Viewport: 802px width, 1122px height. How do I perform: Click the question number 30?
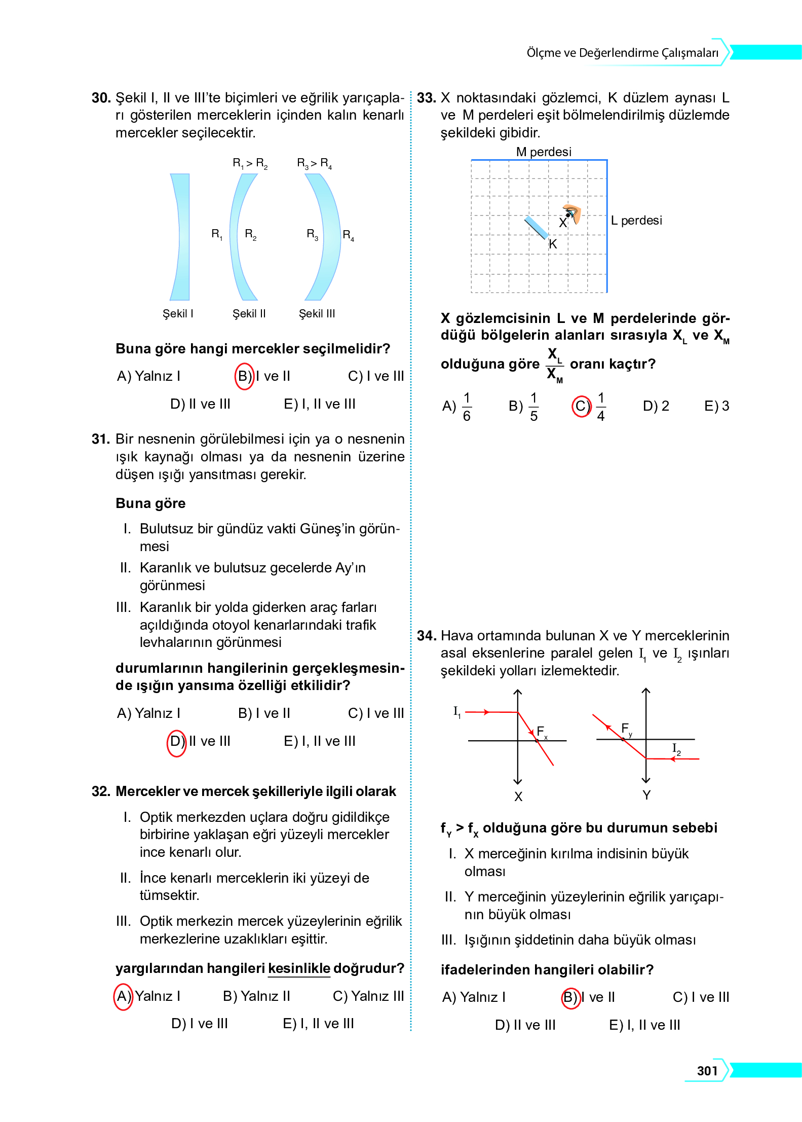click(x=101, y=98)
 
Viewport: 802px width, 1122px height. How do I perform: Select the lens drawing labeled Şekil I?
click(x=180, y=237)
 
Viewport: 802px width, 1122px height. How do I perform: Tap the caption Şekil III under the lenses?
click(x=317, y=314)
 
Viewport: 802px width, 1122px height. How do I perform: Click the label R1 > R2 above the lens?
click(x=250, y=163)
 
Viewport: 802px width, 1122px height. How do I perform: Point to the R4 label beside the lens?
click(x=348, y=235)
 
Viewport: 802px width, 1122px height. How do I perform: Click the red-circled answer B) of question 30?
click(x=244, y=376)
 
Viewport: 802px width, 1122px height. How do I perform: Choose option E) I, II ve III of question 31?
click(x=319, y=741)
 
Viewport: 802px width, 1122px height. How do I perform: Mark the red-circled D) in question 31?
click(x=176, y=742)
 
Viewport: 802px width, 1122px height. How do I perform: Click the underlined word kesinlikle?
click(x=299, y=968)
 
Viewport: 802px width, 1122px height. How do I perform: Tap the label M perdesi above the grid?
click(x=543, y=152)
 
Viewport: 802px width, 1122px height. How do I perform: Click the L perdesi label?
click(x=636, y=221)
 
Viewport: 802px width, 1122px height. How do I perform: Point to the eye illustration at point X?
click(x=572, y=214)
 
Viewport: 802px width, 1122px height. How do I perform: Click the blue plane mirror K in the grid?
click(x=536, y=228)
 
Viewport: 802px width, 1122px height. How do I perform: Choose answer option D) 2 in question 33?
click(x=656, y=406)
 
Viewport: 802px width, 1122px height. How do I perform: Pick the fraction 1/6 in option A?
click(x=467, y=407)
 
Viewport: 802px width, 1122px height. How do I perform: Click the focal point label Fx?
click(x=542, y=732)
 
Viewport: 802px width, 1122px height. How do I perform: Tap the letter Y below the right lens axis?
click(x=646, y=795)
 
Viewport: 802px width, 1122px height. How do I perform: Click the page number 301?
click(x=707, y=1071)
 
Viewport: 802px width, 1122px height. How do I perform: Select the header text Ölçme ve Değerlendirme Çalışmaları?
click(x=622, y=53)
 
